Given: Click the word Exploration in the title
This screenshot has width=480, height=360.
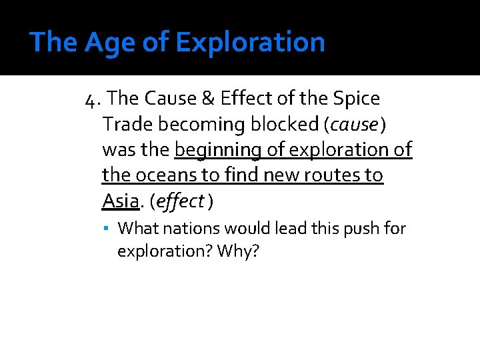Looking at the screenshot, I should point(251,43).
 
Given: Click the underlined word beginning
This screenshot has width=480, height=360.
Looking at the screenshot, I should point(217,150).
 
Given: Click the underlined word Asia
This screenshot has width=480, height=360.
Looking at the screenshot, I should point(120,201).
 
